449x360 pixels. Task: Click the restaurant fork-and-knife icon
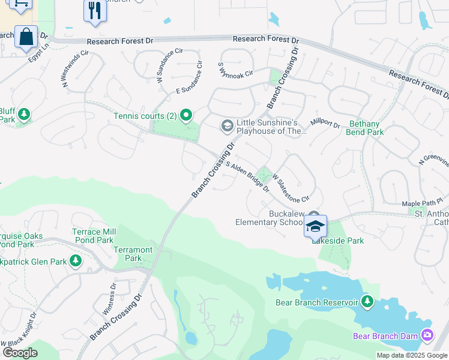95,11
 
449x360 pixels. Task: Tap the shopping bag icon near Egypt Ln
26,37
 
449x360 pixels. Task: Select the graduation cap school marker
315,226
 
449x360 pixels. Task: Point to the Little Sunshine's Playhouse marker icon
227,125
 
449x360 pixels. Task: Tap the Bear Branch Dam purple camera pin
427,335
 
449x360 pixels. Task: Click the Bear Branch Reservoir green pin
368,302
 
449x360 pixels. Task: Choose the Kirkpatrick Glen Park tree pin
76,260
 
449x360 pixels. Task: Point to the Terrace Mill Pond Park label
93,236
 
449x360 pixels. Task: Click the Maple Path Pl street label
422,203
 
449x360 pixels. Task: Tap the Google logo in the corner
20,352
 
